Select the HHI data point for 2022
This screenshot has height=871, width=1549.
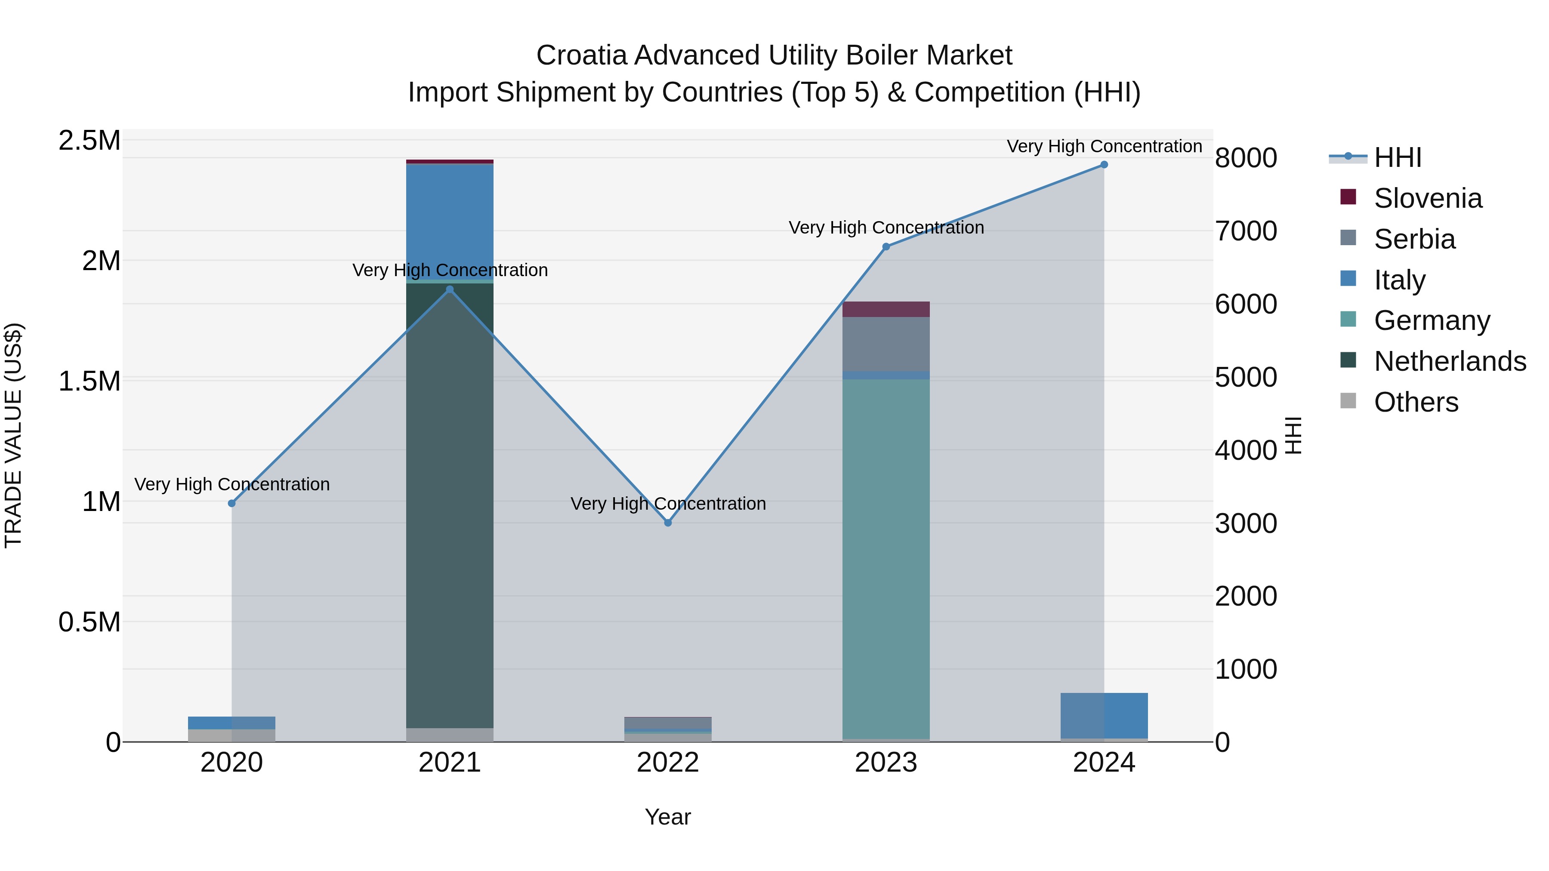click(667, 523)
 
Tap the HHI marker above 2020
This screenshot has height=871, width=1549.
click(231, 503)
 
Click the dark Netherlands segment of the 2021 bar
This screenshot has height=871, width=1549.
click(450, 511)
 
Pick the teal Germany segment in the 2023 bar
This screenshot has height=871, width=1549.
click(886, 559)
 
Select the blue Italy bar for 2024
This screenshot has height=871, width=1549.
click(1104, 715)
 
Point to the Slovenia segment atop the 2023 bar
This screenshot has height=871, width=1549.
click(886, 309)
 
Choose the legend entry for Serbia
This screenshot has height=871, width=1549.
click(1414, 239)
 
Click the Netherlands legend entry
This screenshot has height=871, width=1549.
click(1449, 361)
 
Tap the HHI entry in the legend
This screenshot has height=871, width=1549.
click(1398, 157)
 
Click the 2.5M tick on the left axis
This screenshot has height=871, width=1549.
click(89, 141)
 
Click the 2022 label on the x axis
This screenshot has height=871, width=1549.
click(667, 763)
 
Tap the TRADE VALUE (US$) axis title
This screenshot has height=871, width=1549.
click(13, 435)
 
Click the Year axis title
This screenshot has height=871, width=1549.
click(667, 817)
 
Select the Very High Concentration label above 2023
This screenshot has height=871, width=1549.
click(886, 228)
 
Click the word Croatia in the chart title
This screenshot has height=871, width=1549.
click(581, 55)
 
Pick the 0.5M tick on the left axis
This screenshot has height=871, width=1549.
click(89, 622)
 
